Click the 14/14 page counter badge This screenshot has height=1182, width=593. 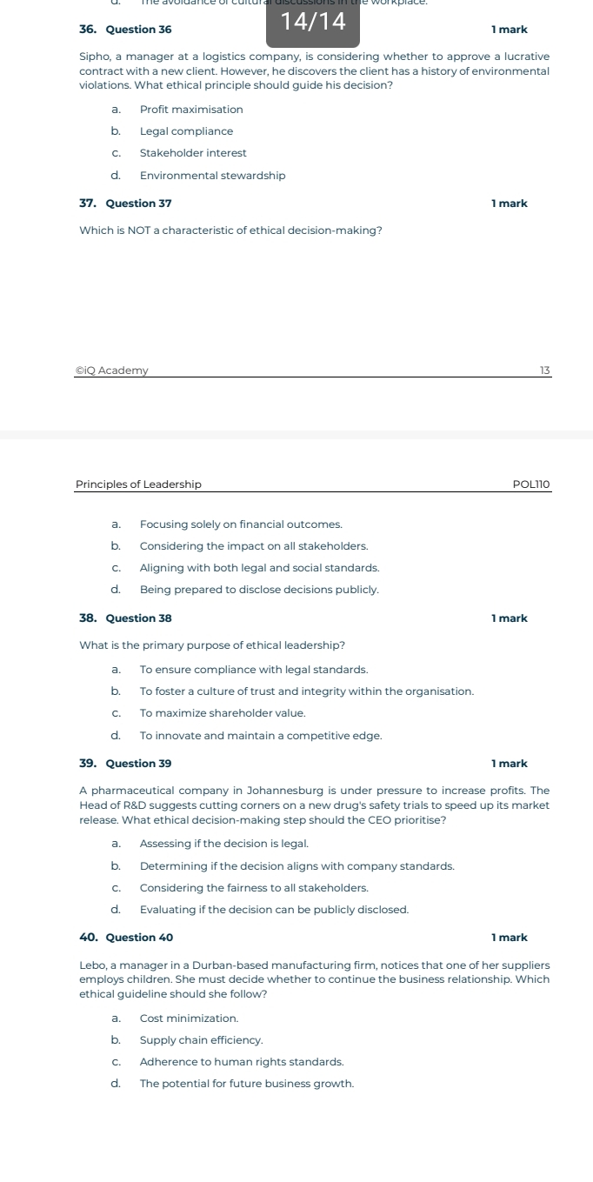click(312, 23)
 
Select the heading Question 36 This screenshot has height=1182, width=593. click(138, 30)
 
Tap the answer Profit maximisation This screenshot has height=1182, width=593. click(191, 110)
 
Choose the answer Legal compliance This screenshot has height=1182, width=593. click(186, 131)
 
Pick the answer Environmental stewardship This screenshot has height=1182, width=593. click(212, 176)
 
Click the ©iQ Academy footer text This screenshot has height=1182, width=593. click(112, 371)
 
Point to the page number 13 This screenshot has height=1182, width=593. click(545, 371)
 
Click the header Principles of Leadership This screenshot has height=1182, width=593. click(138, 484)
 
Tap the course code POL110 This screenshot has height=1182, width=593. click(532, 484)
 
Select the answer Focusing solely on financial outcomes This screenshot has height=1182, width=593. click(241, 524)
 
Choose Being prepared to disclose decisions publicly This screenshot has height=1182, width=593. click(259, 590)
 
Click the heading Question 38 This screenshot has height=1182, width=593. click(138, 618)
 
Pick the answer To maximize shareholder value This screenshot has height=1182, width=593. click(223, 713)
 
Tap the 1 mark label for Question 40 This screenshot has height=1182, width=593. click(509, 938)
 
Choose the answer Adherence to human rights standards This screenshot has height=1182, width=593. click(242, 1062)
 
